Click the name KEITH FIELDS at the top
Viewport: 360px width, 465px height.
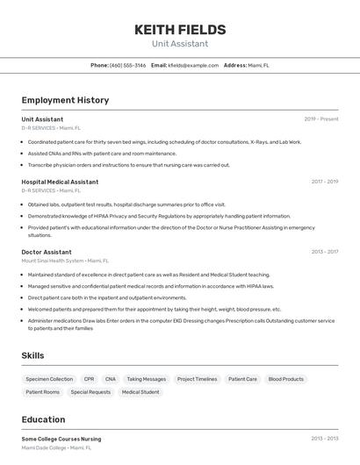pyautogui.click(x=179, y=29)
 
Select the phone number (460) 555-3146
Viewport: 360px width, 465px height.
pyautogui.click(x=128, y=65)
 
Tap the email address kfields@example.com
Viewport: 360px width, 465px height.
pyautogui.click(x=193, y=65)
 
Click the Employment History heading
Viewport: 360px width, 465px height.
pyautogui.click(x=65, y=100)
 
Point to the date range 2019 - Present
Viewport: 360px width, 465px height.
pyautogui.click(x=320, y=119)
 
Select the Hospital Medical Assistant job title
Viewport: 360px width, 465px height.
pyautogui.click(x=60, y=182)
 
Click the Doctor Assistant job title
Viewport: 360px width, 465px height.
pyautogui.click(x=47, y=252)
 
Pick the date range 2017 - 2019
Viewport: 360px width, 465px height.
pyautogui.click(x=324, y=182)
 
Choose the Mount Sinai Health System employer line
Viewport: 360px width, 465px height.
pyautogui.click(x=65, y=261)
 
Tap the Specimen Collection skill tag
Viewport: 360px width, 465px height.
pyautogui.click(x=49, y=379)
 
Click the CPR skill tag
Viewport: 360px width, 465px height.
pyautogui.click(x=89, y=379)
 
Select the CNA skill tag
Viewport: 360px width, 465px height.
pyautogui.click(x=111, y=379)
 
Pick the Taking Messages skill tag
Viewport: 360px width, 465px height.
pyautogui.click(x=146, y=379)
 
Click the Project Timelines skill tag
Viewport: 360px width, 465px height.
pyautogui.click(x=197, y=379)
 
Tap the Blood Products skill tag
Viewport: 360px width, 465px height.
pyautogui.click(x=286, y=379)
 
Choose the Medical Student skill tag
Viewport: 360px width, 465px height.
pyautogui.click(x=140, y=392)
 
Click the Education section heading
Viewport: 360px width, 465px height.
pyautogui.click(x=43, y=419)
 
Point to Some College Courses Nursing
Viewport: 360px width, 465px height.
pyautogui.click(x=61, y=439)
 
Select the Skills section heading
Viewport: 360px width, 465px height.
pyautogui.click(x=33, y=355)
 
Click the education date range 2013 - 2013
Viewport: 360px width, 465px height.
pyautogui.click(x=324, y=439)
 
